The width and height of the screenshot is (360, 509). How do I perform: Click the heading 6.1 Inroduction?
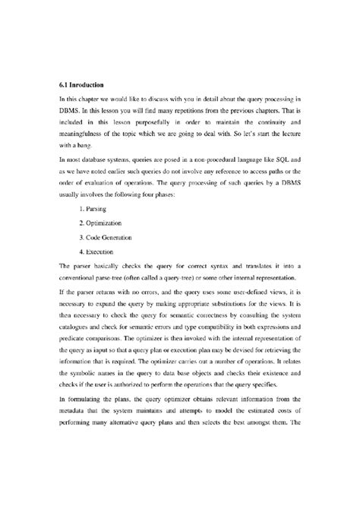pos(82,84)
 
